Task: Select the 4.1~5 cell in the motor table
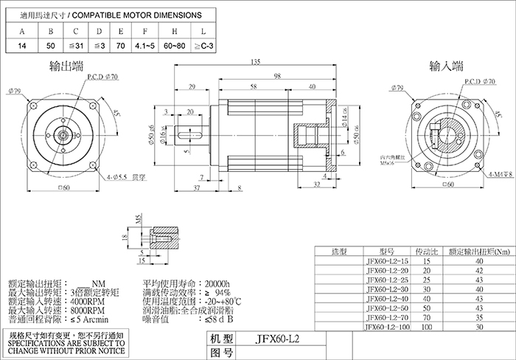click(x=145, y=46)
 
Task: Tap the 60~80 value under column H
click(x=175, y=46)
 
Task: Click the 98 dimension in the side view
click(x=277, y=75)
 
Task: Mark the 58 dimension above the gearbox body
click(x=253, y=88)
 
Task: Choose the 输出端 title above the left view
click(x=66, y=67)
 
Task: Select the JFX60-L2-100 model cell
click(x=386, y=326)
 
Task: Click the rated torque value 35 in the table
click(x=480, y=317)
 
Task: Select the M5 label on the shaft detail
click(x=137, y=218)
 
